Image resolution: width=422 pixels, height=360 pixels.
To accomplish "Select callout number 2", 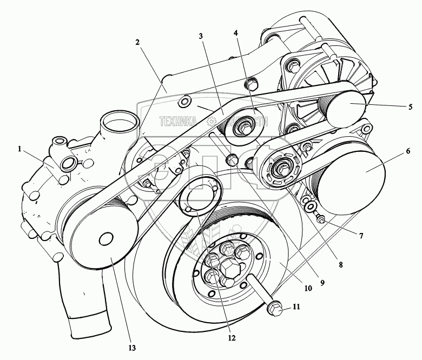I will [x=137, y=42].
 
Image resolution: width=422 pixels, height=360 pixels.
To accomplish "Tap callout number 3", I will [x=201, y=37].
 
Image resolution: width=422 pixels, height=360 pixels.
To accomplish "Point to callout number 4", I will [x=236, y=32].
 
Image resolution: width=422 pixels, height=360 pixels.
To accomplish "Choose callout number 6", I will [x=401, y=153].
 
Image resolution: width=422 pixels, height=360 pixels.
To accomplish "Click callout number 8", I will [x=340, y=265].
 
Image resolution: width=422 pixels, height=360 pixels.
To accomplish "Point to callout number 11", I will [x=297, y=306].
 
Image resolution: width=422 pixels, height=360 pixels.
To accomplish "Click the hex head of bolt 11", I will [x=274, y=309].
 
